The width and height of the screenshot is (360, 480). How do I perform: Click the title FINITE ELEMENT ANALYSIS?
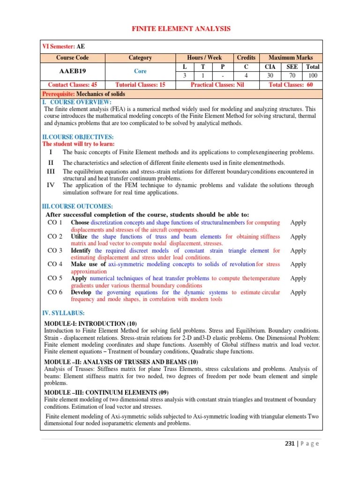tap(180, 29)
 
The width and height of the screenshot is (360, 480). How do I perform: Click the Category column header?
tap(140, 58)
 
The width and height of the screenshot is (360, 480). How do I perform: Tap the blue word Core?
tap(140, 71)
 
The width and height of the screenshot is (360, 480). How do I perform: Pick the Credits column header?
tap(246, 58)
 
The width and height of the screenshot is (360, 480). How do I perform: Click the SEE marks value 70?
tap(292, 76)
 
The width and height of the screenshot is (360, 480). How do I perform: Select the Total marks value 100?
tap(313, 76)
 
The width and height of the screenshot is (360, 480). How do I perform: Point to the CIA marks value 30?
tap(270, 76)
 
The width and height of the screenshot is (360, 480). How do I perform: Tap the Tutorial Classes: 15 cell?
tap(140, 85)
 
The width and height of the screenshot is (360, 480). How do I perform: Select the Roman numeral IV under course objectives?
tap(51, 185)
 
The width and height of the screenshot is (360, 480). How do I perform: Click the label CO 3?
tap(55, 251)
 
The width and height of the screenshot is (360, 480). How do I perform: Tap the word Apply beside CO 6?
tap(298, 292)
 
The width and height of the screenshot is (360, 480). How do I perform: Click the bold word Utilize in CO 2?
tap(80, 237)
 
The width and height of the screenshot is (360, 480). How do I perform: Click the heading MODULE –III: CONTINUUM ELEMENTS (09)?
tap(106, 392)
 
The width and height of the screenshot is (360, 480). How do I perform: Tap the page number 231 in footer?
tap(291, 444)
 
